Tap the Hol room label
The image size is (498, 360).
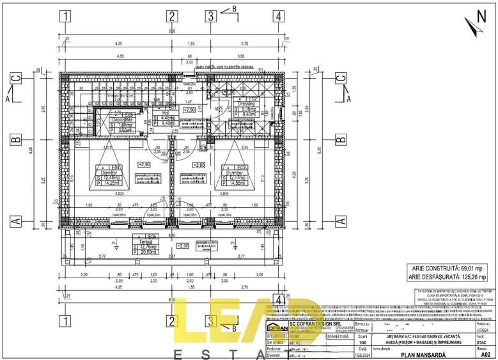[x=165, y=113]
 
